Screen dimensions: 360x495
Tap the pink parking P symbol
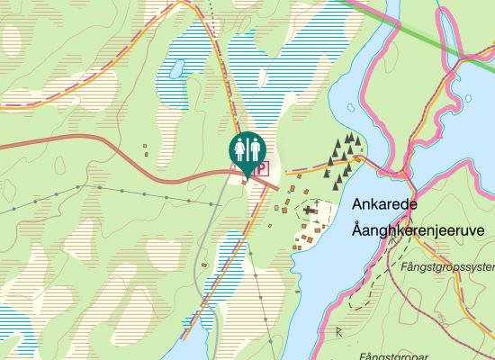pyautogui.click(x=260, y=168)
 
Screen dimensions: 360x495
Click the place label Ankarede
pyautogui.click(x=384, y=204)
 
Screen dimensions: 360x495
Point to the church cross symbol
pyautogui.click(x=308, y=210)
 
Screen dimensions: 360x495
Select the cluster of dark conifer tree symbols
pyautogui.click(x=344, y=158)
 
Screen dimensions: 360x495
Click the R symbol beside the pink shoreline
pyautogui.click(x=338, y=332)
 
